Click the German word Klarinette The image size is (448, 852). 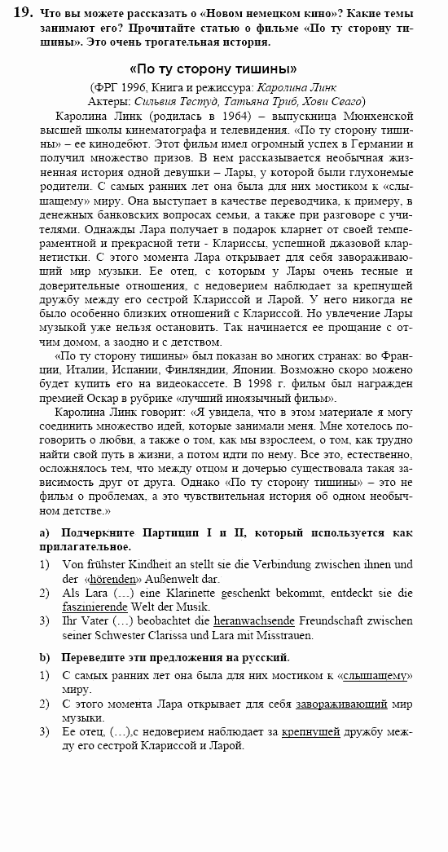coord(169,593)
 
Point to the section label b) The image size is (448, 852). coord(46,656)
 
